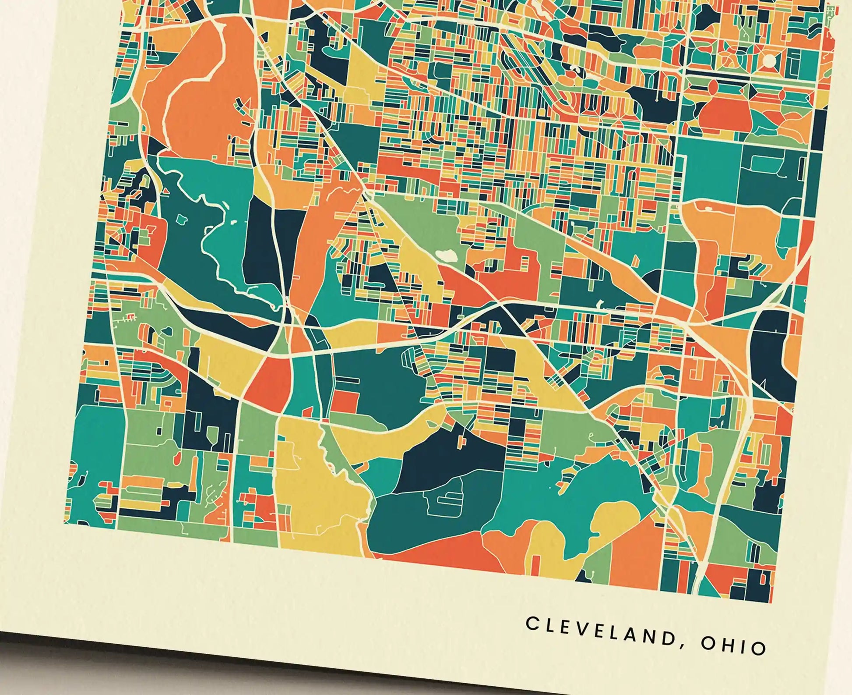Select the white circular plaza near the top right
(x=769, y=60)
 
